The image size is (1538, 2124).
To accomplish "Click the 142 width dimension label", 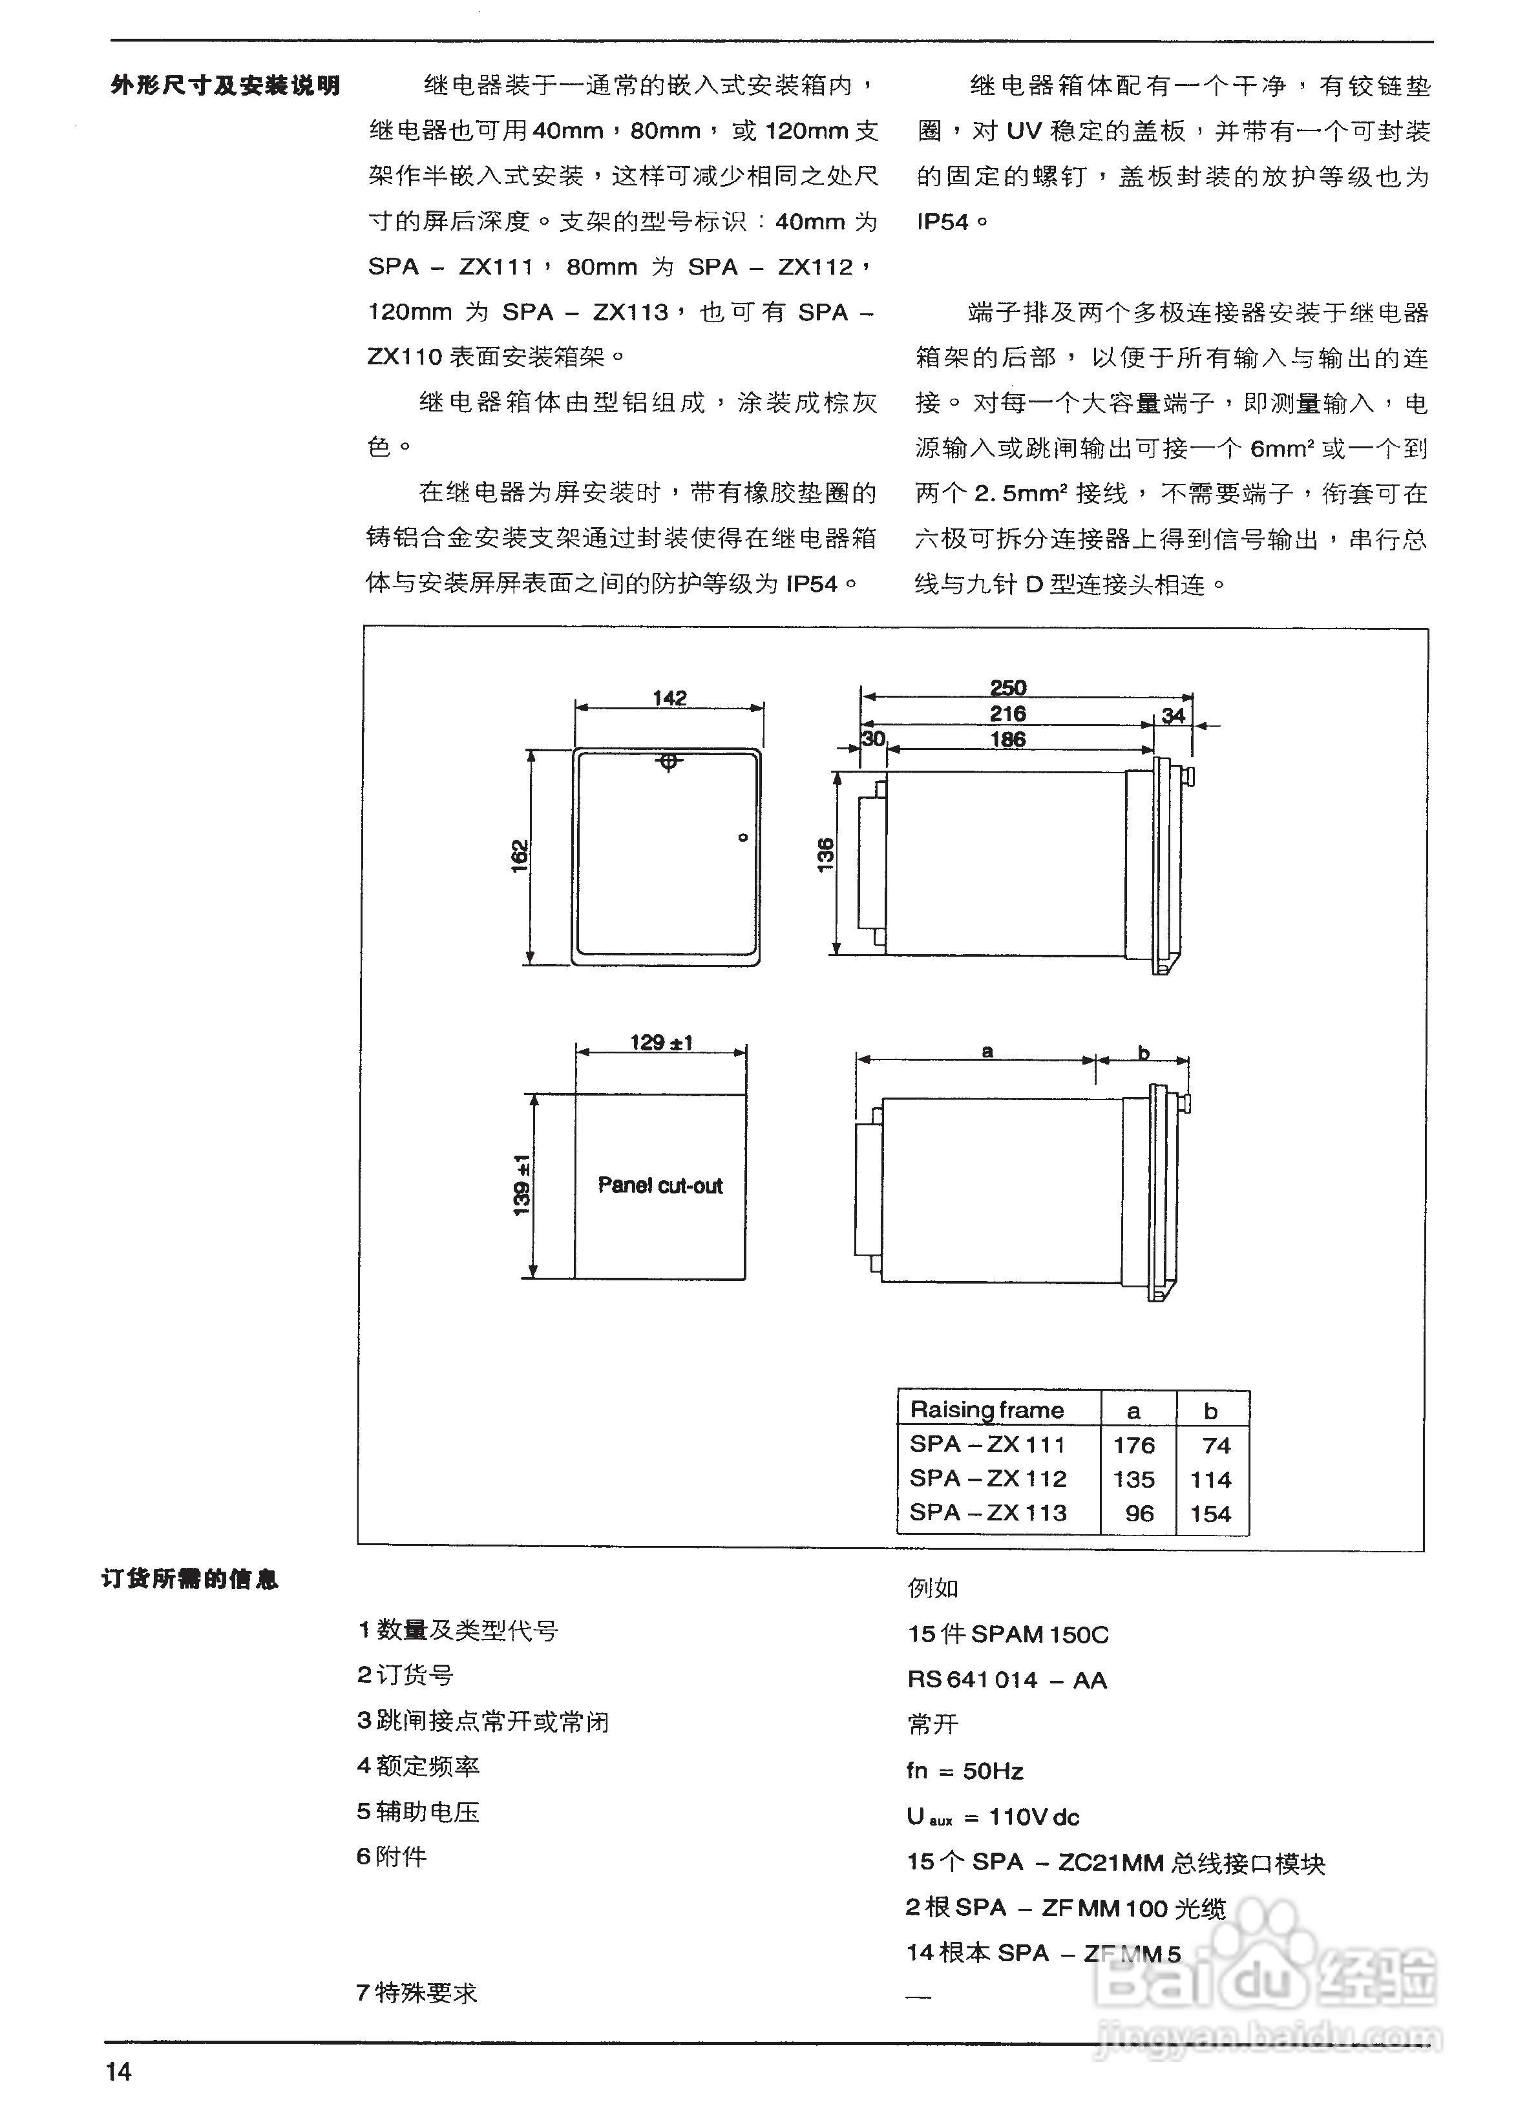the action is tap(669, 698).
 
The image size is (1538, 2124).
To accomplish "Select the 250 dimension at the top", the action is tap(1008, 687).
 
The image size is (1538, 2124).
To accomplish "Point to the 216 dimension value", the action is tap(1008, 714).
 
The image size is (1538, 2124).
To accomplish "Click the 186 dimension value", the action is tap(1008, 739).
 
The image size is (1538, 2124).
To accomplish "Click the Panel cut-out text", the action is tap(660, 1185).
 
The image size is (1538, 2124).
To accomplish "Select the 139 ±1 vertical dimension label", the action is tap(521, 1185).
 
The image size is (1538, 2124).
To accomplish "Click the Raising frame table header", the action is tap(987, 1410).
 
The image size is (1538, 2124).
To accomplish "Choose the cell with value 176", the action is tap(1133, 1445).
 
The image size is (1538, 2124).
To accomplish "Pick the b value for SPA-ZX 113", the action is tap(1210, 1514).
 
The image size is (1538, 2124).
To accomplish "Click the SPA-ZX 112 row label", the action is tap(988, 1479).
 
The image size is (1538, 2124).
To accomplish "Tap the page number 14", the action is tap(119, 2070).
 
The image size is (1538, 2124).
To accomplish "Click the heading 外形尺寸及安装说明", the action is tap(225, 86).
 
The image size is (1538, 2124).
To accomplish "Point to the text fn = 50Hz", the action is tap(965, 1771).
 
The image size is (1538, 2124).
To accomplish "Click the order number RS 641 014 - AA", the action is tap(1007, 1680).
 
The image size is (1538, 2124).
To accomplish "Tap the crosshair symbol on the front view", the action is tap(668, 762).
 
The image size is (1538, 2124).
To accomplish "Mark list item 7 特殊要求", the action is tap(417, 1993).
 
